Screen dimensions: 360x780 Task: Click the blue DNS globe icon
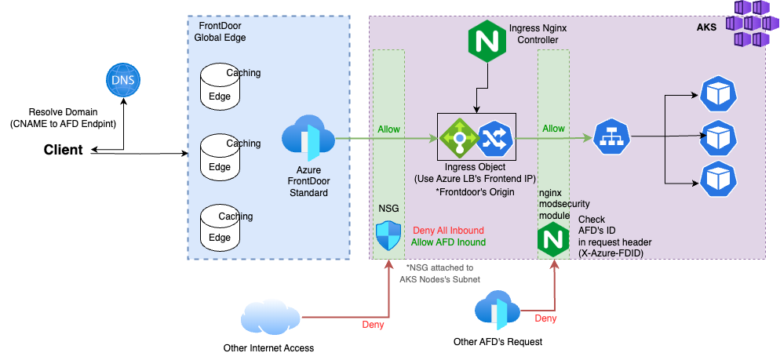(x=122, y=82)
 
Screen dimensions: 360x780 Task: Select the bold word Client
(x=63, y=150)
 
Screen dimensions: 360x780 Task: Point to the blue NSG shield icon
(x=388, y=235)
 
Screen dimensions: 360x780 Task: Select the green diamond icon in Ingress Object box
(x=456, y=137)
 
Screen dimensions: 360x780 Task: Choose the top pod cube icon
(x=719, y=94)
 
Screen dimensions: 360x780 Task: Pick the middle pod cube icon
(x=719, y=137)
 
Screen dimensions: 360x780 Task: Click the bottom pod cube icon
(x=719, y=179)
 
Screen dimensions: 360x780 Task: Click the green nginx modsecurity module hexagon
(x=553, y=242)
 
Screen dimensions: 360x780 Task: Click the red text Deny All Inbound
(x=448, y=231)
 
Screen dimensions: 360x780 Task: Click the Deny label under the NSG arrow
(x=373, y=325)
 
